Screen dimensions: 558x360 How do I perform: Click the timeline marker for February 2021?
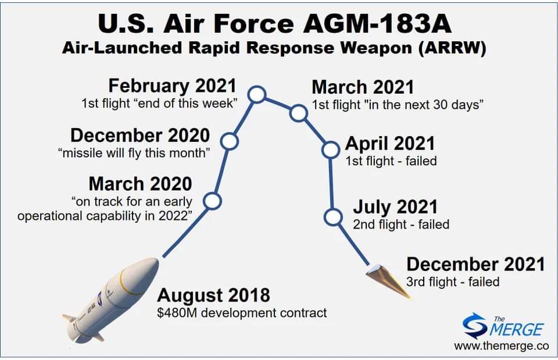[x=257, y=95]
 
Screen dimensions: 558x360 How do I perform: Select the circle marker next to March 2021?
[x=298, y=113]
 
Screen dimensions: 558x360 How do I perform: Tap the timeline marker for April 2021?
[x=330, y=149]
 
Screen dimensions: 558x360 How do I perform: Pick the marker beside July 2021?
[x=334, y=217]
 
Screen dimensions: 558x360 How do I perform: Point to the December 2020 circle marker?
[x=229, y=141]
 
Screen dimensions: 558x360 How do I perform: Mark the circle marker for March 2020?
[x=213, y=201]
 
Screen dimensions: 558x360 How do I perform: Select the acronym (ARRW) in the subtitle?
[x=452, y=48]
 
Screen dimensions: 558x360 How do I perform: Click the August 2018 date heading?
[x=213, y=295]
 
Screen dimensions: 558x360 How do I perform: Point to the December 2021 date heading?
[x=476, y=265]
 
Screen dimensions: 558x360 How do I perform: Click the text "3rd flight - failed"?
[x=453, y=282]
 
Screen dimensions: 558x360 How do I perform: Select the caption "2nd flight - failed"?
[x=401, y=224]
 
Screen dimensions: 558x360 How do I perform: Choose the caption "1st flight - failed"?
[x=391, y=161]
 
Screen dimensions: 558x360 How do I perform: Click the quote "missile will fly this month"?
[x=134, y=153]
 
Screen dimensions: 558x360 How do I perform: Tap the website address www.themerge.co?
[x=502, y=346]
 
